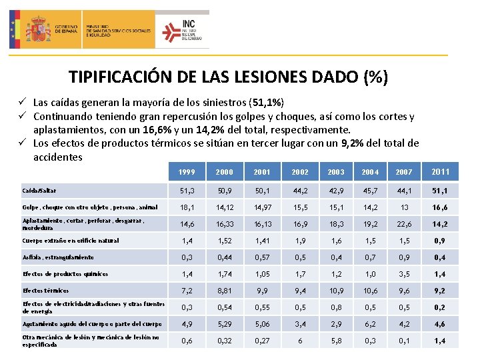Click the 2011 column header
tap(441, 172)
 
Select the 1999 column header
tap(187, 172)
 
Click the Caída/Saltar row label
tap(38, 190)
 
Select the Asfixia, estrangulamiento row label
tap(58, 257)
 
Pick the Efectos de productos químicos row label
tap(65, 274)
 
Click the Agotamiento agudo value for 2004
tap(370, 324)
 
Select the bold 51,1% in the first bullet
tap(265, 103)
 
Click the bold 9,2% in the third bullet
tap(352, 143)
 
